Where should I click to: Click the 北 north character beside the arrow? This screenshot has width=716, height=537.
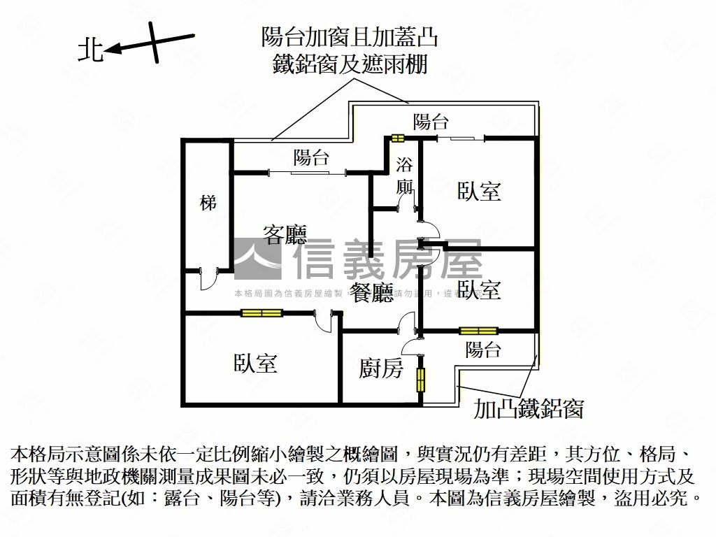90,50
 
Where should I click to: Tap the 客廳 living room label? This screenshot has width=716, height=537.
285,234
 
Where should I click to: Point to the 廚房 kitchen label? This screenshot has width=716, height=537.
381,368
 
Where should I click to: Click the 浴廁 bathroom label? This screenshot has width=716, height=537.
404,176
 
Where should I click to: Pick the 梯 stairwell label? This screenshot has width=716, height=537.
208,203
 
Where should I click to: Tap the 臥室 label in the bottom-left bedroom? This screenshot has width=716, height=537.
255,363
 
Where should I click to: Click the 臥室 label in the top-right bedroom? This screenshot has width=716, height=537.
479,191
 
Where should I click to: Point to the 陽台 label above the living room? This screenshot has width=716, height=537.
311,157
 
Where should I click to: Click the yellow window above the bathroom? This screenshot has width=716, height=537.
398,138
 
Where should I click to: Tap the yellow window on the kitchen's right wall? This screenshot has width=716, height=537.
421,380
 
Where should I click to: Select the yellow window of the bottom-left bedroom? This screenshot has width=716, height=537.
259,313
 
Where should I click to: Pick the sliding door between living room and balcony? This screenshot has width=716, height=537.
308,171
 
